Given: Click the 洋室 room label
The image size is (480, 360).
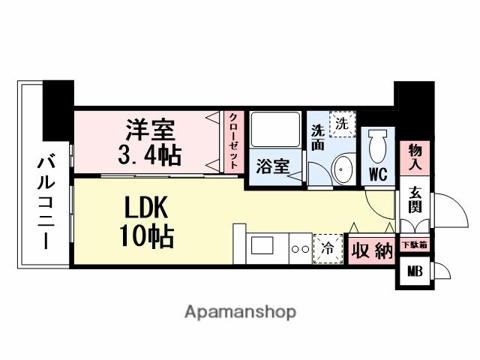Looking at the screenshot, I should pos(150,128).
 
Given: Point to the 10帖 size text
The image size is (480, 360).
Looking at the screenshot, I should pos(146,238).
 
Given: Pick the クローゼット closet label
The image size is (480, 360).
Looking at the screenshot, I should pos(234,141).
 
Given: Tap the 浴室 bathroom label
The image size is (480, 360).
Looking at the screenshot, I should pos(271,166).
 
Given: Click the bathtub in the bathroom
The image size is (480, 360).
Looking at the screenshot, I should pos(274,131).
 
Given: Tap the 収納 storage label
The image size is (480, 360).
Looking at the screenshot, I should pos(372,250).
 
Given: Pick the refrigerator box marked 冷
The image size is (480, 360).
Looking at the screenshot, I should pos(328,247).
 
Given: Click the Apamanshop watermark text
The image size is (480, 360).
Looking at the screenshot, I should pos(240,311).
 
